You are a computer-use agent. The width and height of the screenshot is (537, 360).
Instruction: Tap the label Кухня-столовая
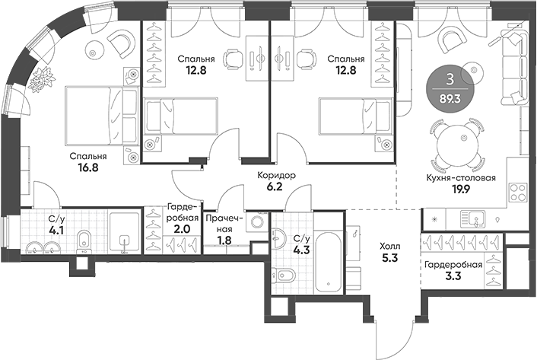pyautogui.click(x=461, y=179)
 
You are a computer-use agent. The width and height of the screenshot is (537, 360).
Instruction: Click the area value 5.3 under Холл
pyautogui.click(x=389, y=260)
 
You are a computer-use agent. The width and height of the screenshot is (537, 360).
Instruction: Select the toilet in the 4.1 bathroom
pyautogui.click(x=85, y=241)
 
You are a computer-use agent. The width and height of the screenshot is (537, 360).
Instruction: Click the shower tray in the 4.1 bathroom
pyautogui.click(x=126, y=233)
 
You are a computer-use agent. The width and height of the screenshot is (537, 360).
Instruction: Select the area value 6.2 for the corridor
pyautogui.click(x=275, y=186)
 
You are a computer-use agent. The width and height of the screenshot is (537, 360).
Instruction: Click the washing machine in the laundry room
pyautogui.click(x=256, y=223)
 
